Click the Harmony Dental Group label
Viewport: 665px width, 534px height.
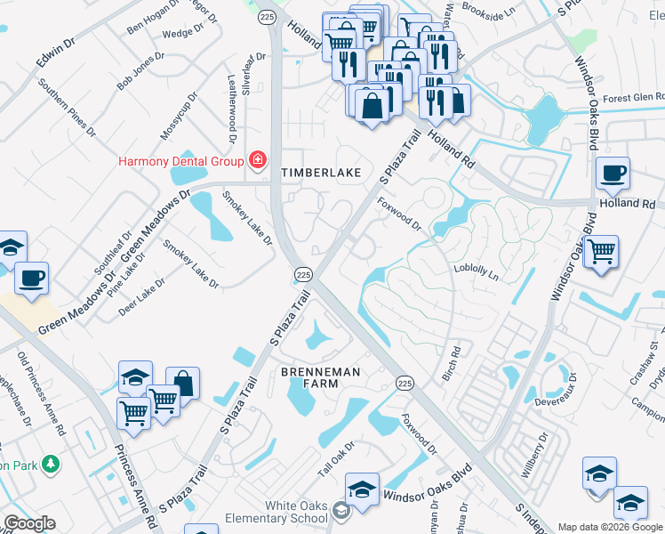(x=182, y=161)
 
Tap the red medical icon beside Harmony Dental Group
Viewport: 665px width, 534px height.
(x=258, y=160)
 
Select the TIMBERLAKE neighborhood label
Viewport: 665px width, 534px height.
(x=321, y=173)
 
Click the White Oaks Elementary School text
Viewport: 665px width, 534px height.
(x=277, y=512)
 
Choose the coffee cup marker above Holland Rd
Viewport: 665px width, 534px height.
(x=612, y=174)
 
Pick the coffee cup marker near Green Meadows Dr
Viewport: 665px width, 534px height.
(x=31, y=278)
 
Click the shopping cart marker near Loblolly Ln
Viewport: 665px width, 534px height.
(x=602, y=252)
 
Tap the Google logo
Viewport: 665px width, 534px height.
(x=29, y=523)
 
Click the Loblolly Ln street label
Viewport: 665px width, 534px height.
(x=476, y=271)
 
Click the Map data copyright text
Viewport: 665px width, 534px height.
(x=610, y=527)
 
